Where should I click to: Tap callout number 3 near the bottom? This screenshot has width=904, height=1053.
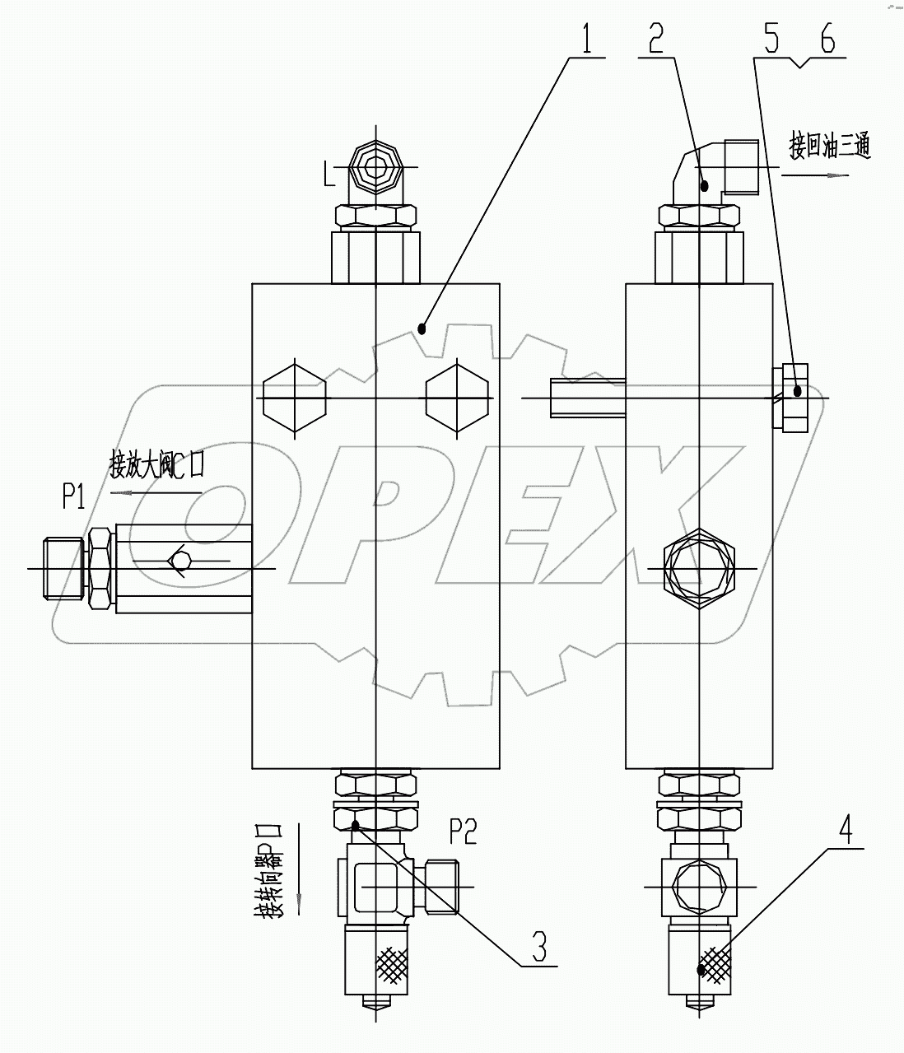coord(538,946)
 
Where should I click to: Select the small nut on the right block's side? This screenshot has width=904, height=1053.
coord(790,397)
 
